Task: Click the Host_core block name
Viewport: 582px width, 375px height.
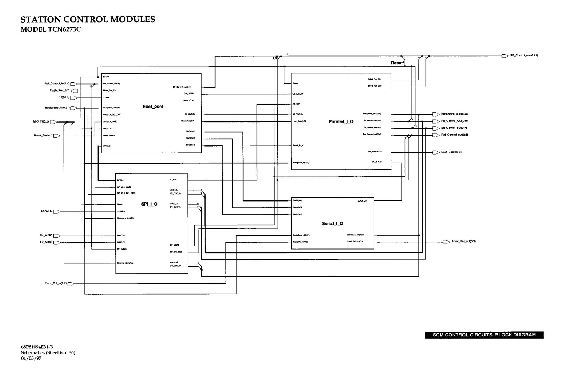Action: coord(153,107)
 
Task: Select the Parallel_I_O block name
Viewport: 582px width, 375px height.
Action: coord(341,121)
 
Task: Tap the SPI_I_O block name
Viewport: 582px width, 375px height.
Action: coord(150,204)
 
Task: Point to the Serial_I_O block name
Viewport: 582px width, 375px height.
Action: coord(332,223)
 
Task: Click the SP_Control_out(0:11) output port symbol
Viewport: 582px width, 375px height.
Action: coord(505,56)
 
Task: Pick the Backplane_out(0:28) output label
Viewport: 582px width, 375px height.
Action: coord(454,114)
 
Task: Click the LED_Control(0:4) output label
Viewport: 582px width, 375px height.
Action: coord(452,152)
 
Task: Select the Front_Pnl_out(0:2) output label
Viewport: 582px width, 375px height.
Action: coord(464,242)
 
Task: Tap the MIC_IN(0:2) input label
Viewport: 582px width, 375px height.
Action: coord(41,122)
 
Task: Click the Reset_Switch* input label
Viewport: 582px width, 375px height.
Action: coord(43,136)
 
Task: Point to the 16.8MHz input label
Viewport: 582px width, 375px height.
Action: coord(46,211)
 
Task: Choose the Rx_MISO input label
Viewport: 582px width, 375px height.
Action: coord(46,235)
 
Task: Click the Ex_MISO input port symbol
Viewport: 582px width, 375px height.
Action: coord(56,242)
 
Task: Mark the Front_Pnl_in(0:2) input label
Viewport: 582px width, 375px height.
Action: coord(56,283)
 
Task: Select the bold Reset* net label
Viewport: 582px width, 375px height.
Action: coord(397,63)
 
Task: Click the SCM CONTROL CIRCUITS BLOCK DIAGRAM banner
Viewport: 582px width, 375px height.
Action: coord(484,335)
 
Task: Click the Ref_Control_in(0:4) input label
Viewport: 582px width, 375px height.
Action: coord(57,84)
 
